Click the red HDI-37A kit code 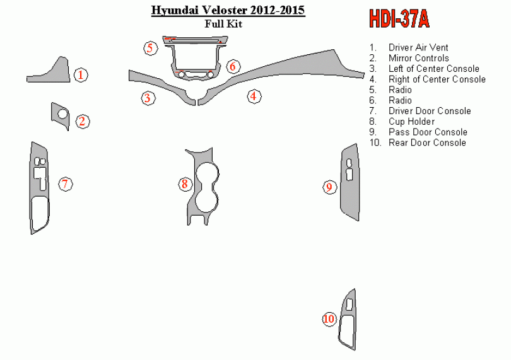399,18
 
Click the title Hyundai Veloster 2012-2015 228,10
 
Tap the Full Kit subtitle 223,24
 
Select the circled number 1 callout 81,75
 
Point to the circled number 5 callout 150,48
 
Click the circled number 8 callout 185,184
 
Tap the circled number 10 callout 329,318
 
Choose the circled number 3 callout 148,98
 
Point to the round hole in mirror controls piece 62,114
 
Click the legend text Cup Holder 411,122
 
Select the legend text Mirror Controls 419,58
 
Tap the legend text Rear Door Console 427,142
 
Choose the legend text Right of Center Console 437,79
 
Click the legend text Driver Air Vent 418,47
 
